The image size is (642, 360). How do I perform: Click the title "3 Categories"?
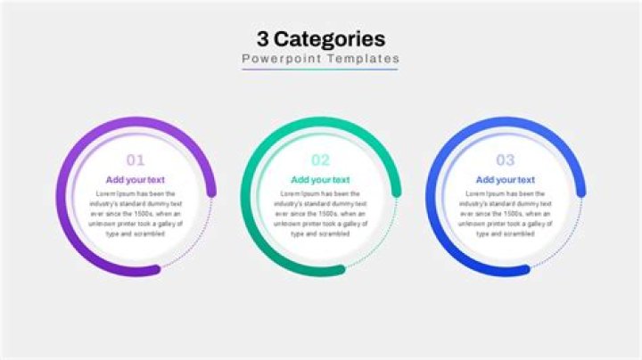[x=321, y=38]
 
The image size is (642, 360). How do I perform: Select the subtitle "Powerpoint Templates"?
[x=321, y=59]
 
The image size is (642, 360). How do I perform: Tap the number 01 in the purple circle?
[x=135, y=160]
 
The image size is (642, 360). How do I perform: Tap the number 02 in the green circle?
[x=320, y=160]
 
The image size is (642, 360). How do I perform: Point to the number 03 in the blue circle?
[x=506, y=160]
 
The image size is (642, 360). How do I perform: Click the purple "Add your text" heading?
[x=135, y=180]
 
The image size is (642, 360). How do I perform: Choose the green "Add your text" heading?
[x=320, y=180]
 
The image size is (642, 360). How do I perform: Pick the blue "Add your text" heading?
[x=506, y=180]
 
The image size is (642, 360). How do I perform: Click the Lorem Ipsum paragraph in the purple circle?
[x=135, y=214]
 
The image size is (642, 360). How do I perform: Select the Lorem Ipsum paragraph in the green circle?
[x=320, y=214]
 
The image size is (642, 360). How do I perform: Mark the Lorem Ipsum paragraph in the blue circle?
[x=506, y=214]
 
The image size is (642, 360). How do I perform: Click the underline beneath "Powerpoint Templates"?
[x=321, y=69]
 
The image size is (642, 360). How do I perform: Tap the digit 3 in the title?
[x=263, y=38]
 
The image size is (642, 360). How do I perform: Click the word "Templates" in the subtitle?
[x=362, y=59]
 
